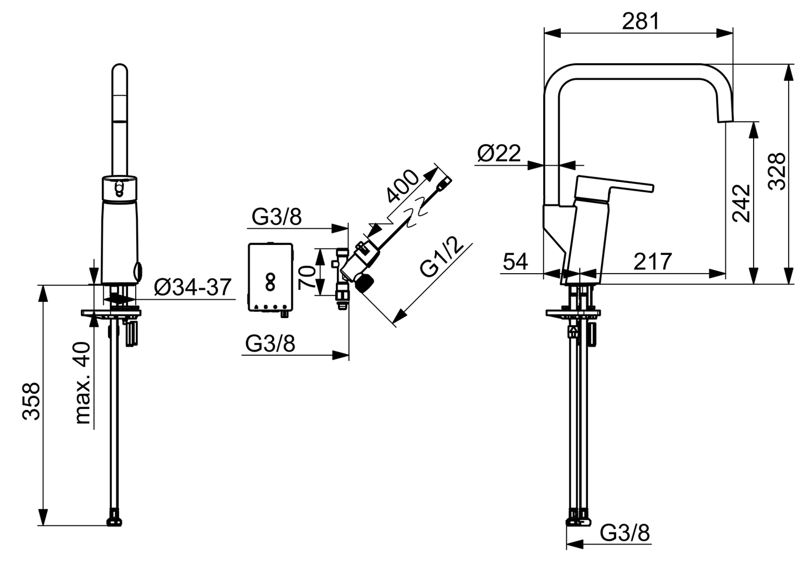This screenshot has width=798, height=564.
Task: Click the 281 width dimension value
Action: (640, 20)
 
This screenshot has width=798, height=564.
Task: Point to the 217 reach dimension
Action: (652, 261)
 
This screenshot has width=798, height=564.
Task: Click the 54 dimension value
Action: (515, 261)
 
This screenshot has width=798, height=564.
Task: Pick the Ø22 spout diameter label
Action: (498, 153)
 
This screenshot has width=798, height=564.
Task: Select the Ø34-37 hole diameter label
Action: (192, 287)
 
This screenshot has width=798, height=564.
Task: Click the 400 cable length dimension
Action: (403, 187)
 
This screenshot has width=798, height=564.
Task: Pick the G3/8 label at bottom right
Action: (625, 533)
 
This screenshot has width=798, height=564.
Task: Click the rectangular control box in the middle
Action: (270, 278)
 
